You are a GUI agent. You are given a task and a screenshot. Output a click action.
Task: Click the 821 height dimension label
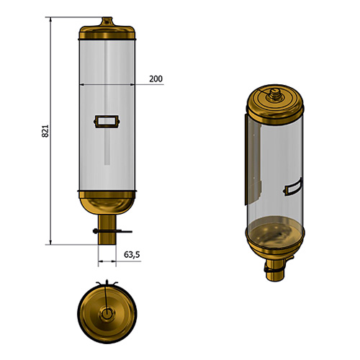45,131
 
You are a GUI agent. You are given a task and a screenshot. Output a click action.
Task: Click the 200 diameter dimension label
156,78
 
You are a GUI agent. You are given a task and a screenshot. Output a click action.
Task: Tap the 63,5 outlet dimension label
132,254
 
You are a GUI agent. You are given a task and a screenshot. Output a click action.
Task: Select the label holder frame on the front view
107,122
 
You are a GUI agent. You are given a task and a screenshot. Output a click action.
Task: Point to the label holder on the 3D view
292,187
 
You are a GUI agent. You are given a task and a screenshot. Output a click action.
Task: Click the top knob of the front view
107,21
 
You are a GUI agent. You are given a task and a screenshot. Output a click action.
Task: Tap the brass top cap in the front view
107,32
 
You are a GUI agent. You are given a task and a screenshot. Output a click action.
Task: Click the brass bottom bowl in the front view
107,203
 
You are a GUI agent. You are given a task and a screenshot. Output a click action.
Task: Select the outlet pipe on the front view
107,230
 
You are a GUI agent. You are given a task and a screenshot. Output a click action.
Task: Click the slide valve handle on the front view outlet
112,231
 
